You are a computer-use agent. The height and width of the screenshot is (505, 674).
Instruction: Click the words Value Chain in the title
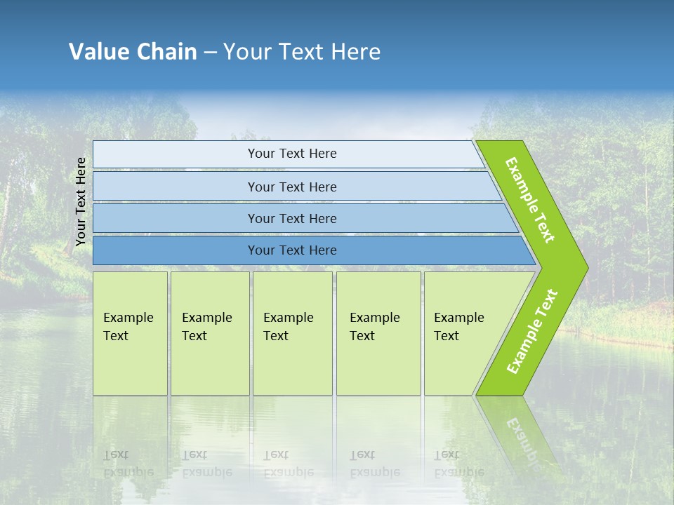point(133,52)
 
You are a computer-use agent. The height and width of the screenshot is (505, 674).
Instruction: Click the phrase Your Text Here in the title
point(302,52)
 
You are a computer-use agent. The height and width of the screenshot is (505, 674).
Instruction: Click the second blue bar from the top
point(291,187)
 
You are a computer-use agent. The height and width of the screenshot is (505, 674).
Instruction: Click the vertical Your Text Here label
point(81,201)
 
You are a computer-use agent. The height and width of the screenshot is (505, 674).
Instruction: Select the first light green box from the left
point(131,333)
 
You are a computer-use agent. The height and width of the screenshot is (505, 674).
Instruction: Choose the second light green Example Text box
point(210,333)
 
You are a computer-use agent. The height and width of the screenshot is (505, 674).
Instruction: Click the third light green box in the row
point(292,333)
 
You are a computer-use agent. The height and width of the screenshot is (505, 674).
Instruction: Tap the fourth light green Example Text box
point(378,333)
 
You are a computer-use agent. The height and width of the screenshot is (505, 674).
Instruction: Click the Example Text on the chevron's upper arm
point(530,200)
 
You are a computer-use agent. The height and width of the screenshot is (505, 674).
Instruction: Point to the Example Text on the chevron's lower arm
point(531,332)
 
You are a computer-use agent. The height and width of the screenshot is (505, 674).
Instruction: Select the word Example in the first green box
point(128,318)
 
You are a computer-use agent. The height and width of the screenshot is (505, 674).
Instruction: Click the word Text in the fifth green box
point(447,336)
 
